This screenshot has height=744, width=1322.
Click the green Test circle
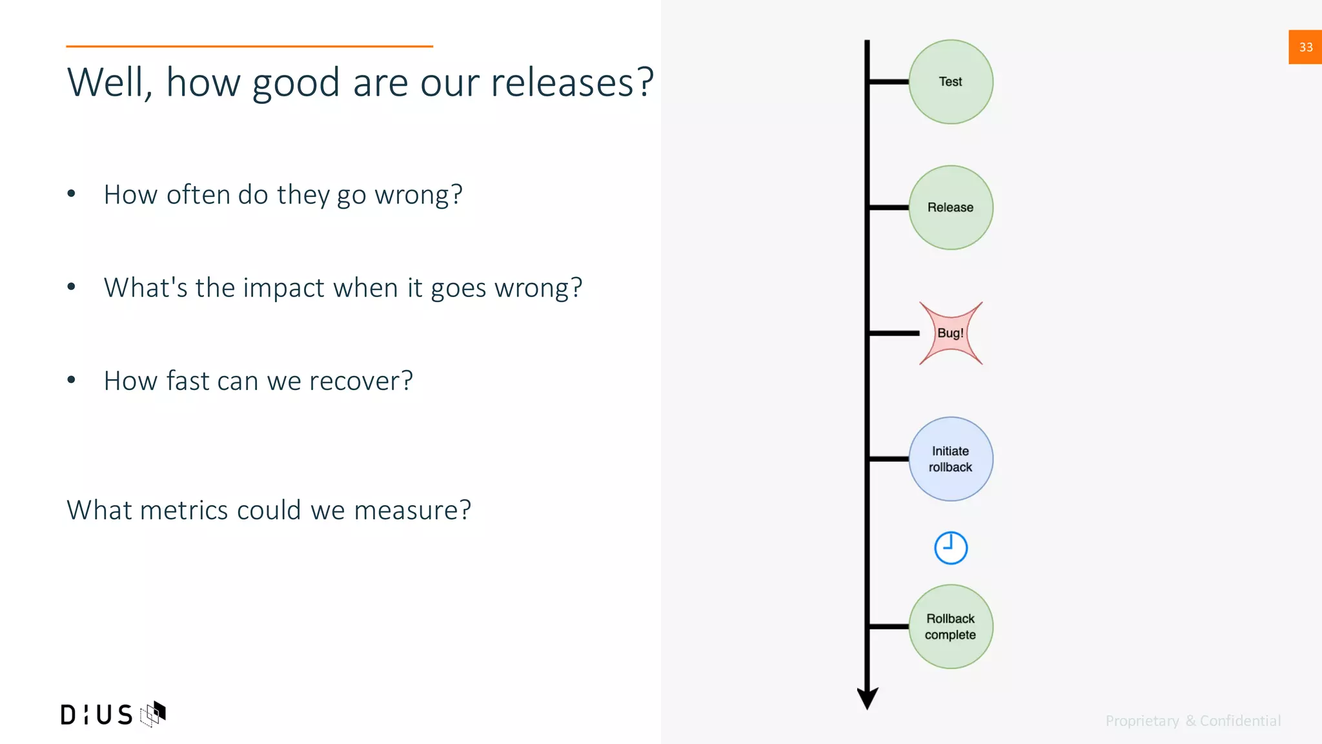950,82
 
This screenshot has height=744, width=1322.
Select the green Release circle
950,207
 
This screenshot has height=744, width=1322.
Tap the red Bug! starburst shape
950,333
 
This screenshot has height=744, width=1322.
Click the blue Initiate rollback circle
950,459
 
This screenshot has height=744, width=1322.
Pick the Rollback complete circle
950,626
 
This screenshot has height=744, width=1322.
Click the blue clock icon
950,548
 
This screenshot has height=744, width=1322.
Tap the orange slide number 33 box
1305,47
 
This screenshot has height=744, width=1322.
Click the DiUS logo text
97,715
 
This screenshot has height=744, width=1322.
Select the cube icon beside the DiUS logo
154,714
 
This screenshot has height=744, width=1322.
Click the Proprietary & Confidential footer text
1193,721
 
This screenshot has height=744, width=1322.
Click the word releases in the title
572,83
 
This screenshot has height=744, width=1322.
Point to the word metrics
184,510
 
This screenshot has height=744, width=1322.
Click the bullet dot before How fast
72,380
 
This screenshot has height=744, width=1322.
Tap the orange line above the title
249,46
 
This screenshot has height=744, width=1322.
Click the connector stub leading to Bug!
894,333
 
